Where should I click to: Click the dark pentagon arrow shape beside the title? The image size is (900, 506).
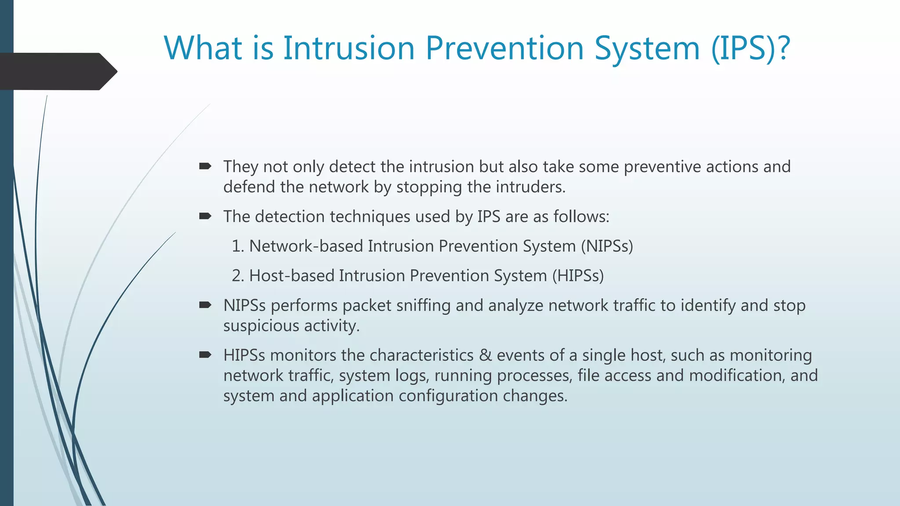pyautogui.click(x=57, y=72)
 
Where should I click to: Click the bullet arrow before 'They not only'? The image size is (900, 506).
pyautogui.click(x=205, y=166)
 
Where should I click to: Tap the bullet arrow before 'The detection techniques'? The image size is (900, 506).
pyautogui.click(x=205, y=216)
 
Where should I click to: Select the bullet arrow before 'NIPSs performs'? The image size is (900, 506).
pyautogui.click(x=205, y=305)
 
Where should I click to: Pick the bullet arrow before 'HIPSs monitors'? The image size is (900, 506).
pyautogui.click(x=205, y=354)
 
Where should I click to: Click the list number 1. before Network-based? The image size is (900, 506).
pyautogui.click(x=237, y=246)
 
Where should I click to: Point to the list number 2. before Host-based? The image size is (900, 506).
pyautogui.click(x=237, y=275)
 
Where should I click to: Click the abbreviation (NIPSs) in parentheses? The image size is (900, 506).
pyautogui.click(x=607, y=246)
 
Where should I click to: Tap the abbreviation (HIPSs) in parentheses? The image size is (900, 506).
pyautogui.click(x=578, y=275)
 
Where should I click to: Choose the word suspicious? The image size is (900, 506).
pyautogui.click(x=261, y=326)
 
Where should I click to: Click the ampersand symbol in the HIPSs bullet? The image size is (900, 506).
pyautogui.click(x=485, y=355)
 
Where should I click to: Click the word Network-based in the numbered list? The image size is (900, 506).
pyautogui.click(x=306, y=246)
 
